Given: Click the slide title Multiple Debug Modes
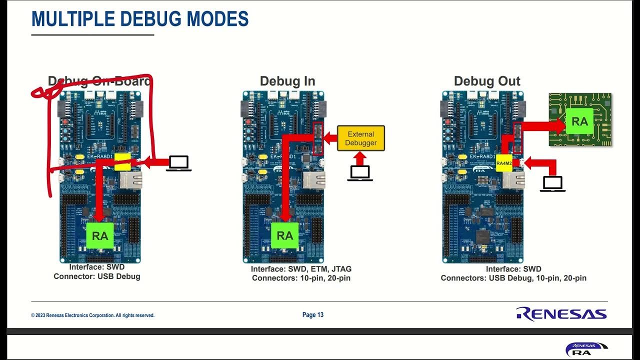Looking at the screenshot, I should click(x=140, y=19).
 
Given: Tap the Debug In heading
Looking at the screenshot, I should click(x=287, y=81).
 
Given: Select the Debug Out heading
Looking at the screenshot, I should click(x=486, y=81).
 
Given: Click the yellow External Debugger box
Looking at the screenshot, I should click(x=360, y=138).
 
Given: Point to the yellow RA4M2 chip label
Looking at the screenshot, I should click(x=504, y=163).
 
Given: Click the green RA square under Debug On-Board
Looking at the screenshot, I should click(x=100, y=235).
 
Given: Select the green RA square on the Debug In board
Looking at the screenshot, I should click(x=284, y=235).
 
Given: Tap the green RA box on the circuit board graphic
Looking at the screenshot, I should click(x=579, y=121).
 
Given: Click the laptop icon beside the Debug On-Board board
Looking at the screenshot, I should click(x=178, y=163).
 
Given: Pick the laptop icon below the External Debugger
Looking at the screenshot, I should click(x=360, y=173).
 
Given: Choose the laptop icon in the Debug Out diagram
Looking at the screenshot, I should click(x=552, y=183).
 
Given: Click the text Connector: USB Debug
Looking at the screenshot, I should click(x=97, y=276).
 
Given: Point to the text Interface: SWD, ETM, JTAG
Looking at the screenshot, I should click(x=301, y=269).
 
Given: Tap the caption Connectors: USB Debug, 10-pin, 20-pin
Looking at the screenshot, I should click(x=513, y=278).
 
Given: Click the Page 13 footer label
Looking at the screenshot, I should click(x=313, y=315).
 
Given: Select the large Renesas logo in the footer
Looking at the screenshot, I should click(x=561, y=314).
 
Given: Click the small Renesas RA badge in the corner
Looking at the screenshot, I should click(x=586, y=349).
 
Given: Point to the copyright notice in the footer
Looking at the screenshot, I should click(x=92, y=315).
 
